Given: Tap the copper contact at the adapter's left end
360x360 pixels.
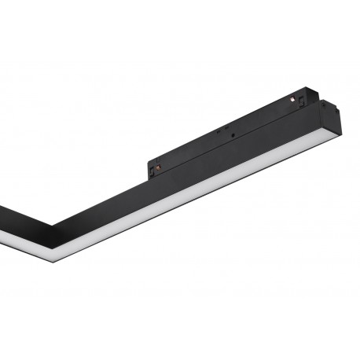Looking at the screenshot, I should tap(158, 167).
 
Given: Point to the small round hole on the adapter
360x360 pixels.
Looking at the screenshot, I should tap(233, 135).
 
